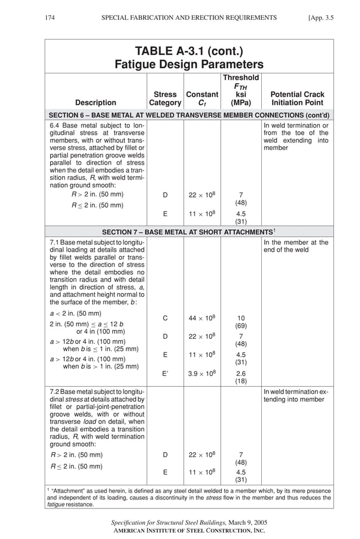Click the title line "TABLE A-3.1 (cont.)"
pyautogui.click(x=189, y=52)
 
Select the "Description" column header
pyautogui.click(x=96, y=103)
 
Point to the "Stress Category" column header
pyautogui.click(x=165, y=99)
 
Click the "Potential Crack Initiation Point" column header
pyautogui.click(x=297, y=99)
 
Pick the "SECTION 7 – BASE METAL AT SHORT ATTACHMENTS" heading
pyautogui.click(x=188, y=232)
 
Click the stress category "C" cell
pyautogui.click(x=165, y=318)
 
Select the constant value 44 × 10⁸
pyautogui.click(x=202, y=318)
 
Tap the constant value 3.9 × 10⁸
pyautogui.click(x=202, y=373)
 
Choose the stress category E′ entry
pyautogui.click(x=165, y=374)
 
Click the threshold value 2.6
pyautogui.click(x=241, y=374)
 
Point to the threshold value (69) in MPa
pyautogui.click(x=241, y=326)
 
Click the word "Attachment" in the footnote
pyautogui.click(x=70, y=490)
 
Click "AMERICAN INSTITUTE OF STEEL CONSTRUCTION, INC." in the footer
pyautogui.click(x=189, y=531)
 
